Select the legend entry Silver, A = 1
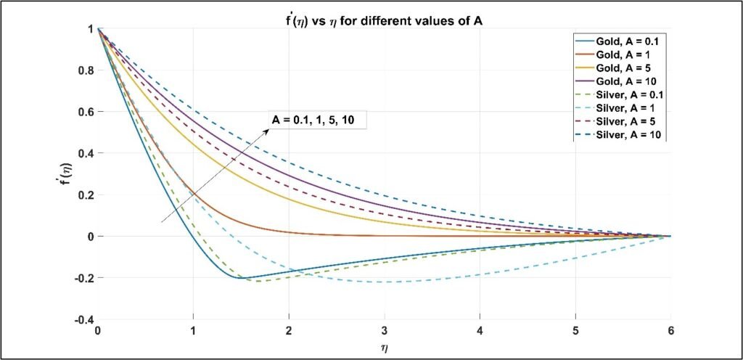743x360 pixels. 617,107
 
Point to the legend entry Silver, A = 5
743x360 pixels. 617,120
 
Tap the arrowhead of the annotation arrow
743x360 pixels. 267,131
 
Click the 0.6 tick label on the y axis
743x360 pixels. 86,112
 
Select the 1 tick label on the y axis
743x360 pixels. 91,29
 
